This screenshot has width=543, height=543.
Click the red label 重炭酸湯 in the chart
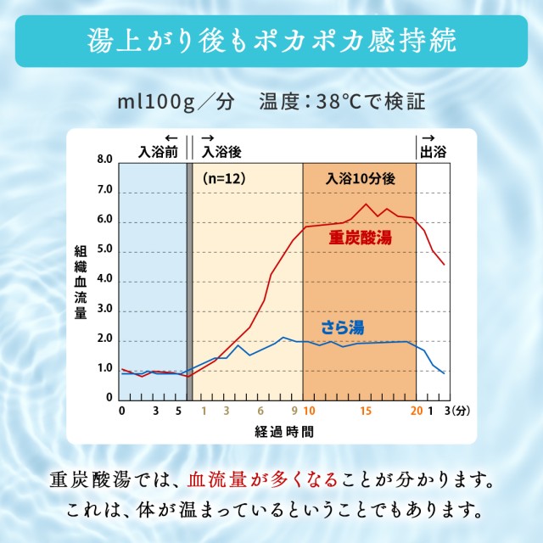click(x=361, y=238)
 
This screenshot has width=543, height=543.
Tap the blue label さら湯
click(x=344, y=326)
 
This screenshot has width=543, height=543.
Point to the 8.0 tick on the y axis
click(x=104, y=159)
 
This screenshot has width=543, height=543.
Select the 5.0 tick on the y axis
click(x=104, y=252)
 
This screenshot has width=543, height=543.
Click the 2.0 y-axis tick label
click(x=104, y=339)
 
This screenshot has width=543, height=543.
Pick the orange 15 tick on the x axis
click(x=365, y=411)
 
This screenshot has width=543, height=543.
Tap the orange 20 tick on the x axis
click(x=416, y=411)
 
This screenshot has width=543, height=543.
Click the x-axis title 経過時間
click(x=283, y=431)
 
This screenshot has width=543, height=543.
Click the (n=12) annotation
click(x=223, y=179)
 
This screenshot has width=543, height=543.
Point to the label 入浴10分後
click(x=360, y=179)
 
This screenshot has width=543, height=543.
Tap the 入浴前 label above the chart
click(x=159, y=152)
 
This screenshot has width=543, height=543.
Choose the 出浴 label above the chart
click(x=433, y=152)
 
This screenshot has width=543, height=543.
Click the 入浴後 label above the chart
click(x=221, y=152)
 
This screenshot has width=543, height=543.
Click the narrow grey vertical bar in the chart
click(x=189, y=280)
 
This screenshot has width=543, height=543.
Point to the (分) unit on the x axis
click(x=462, y=411)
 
